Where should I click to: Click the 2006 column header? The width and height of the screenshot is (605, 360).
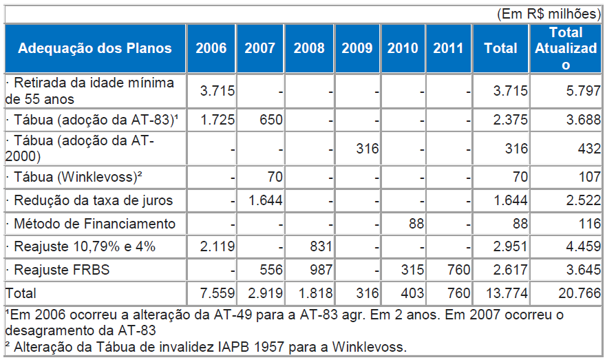(211, 48)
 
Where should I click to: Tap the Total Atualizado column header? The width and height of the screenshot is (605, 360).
(566, 48)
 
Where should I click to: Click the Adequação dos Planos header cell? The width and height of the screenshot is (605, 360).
(95, 48)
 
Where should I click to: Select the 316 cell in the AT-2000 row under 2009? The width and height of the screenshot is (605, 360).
(366, 149)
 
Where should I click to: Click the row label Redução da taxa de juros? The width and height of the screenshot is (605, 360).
(89, 201)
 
